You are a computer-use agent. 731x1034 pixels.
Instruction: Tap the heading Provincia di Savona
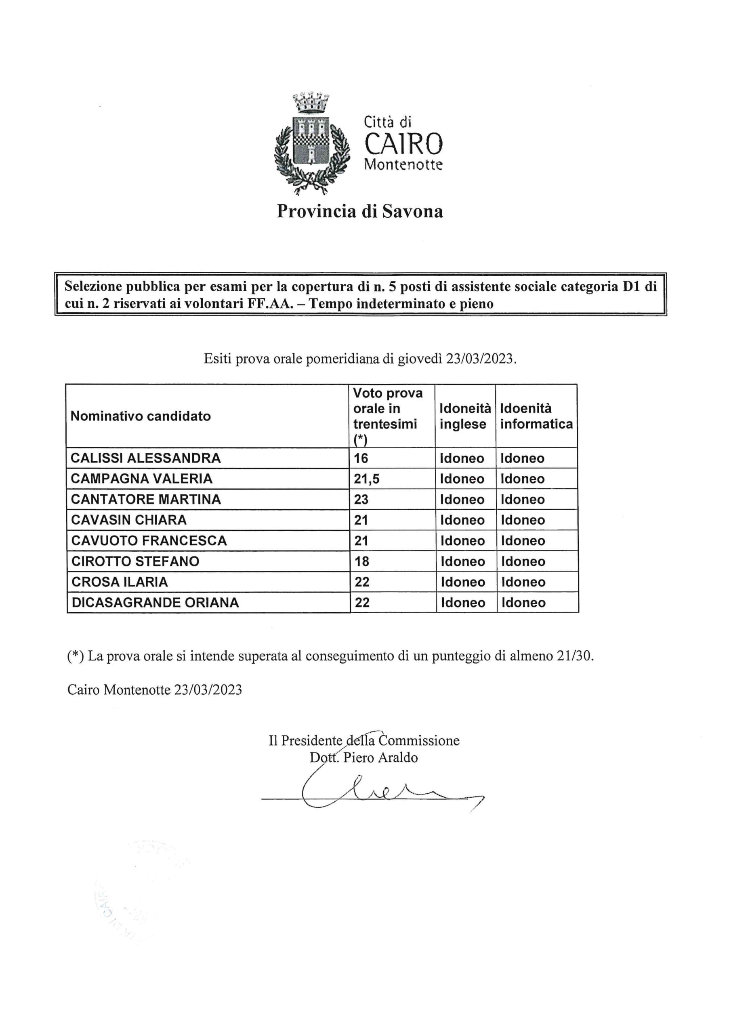(x=359, y=211)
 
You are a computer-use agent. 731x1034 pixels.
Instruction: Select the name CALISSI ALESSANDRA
(x=145, y=458)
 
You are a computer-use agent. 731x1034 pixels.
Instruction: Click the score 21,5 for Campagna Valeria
(x=367, y=479)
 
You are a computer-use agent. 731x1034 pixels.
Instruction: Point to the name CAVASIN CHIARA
(x=129, y=520)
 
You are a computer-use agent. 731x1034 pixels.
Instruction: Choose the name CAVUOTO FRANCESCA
(x=149, y=540)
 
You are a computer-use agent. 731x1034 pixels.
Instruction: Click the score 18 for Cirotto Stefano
(x=362, y=561)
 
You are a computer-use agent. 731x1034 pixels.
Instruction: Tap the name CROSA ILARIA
(x=120, y=582)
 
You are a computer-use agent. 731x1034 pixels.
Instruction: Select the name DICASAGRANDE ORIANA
(x=155, y=603)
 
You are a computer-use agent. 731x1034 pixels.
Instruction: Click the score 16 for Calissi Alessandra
(x=361, y=458)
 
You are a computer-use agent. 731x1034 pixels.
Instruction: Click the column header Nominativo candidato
(x=141, y=416)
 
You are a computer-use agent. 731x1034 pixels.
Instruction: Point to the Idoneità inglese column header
(x=465, y=416)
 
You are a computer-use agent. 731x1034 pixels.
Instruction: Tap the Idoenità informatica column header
(x=536, y=416)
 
